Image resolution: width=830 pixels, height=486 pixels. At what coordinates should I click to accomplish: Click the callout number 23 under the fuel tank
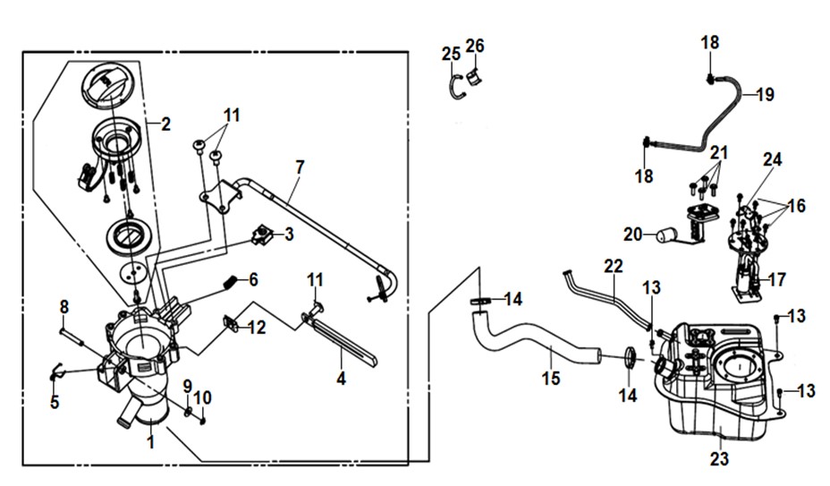coord(719,458)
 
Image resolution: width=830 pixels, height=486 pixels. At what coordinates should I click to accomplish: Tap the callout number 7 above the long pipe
coord(301,167)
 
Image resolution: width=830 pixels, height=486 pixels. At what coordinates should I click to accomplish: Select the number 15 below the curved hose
coord(551,379)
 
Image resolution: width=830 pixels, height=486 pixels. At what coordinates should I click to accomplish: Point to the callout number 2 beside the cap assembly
coord(166,124)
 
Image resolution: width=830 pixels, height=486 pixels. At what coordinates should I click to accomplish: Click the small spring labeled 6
coord(230,283)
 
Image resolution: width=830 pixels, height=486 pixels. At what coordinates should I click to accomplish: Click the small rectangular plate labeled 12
coord(230,323)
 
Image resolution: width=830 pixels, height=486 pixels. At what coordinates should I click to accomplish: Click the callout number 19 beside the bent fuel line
coord(765,95)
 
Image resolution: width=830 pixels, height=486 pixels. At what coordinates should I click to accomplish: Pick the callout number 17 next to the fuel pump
coord(777,279)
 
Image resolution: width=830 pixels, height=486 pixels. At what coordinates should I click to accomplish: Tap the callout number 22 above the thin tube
coord(614,266)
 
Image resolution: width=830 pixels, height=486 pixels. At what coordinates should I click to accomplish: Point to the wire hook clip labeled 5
coord(57,371)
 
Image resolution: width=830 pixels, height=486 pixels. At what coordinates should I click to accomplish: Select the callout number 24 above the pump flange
coord(773,159)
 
